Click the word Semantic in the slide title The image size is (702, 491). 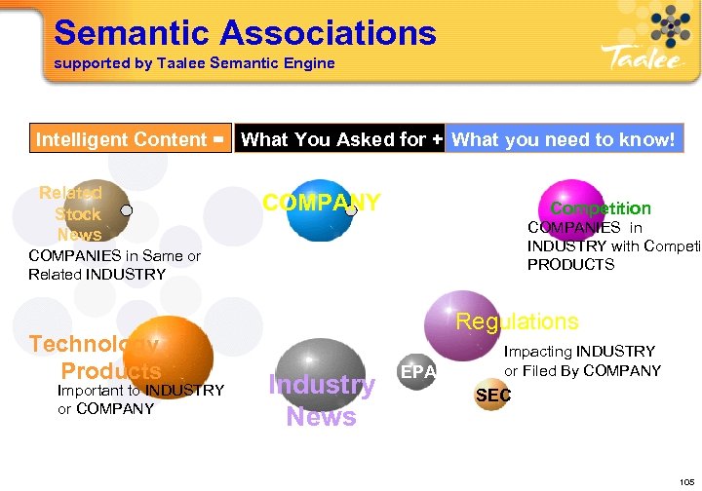tap(133, 33)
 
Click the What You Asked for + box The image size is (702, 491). tap(340, 139)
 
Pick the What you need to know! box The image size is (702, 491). tap(564, 139)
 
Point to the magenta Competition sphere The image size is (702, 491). tap(573, 206)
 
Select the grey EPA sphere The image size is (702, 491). tap(417, 371)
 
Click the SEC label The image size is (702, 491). tap(492, 395)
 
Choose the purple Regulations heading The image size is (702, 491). tap(517, 321)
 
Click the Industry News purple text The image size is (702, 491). tap(321, 400)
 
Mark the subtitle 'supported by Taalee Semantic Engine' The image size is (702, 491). tap(194, 63)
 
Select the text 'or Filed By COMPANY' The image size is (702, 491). tap(582, 370)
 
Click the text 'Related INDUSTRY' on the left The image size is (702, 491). tap(97, 274)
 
